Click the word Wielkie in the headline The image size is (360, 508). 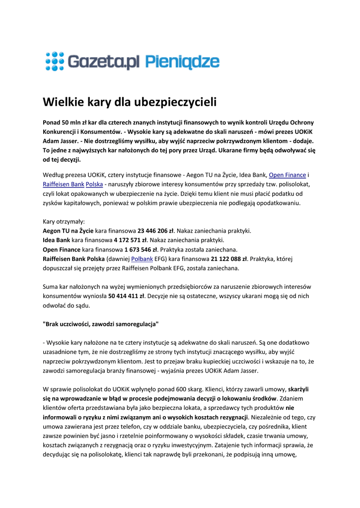61,103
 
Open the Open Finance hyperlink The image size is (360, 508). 287,175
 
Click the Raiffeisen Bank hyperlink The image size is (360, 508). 63,184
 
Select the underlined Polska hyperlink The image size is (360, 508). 95,184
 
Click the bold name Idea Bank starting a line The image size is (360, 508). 56,240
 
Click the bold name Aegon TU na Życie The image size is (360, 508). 68,231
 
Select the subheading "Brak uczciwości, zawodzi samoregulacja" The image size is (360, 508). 101,324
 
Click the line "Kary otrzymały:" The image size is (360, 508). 64,221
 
